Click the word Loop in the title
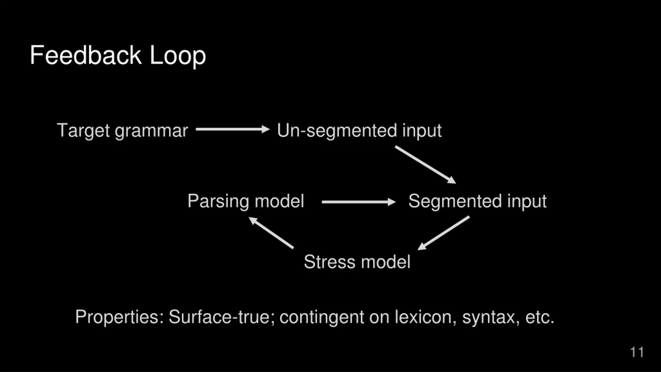click(178, 56)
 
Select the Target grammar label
click(122, 130)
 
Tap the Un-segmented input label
click(359, 130)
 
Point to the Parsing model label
click(246, 201)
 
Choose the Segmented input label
click(477, 201)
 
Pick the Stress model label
click(357, 262)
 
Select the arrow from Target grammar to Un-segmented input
click(232, 129)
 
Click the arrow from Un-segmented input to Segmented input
click(425, 165)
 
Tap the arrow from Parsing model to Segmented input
click(358, 202)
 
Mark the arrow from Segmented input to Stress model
click(444, 233)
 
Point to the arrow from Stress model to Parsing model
click(271, 233)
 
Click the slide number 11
click(637, 352)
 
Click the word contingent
click(322, 317)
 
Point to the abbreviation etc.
click(540, 317)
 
